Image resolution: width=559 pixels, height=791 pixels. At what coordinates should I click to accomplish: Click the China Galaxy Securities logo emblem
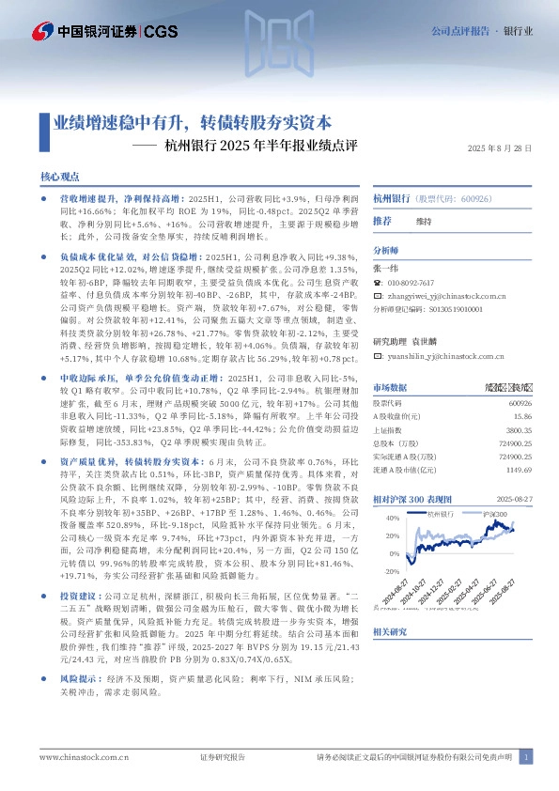tap(42, 32)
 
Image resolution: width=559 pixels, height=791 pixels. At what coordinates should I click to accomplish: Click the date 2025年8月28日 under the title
tap(500, 148)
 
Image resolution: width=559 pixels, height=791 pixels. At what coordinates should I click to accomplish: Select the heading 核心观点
tap(60, 178)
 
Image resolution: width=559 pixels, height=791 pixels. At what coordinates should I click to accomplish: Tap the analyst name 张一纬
tap(386, 268)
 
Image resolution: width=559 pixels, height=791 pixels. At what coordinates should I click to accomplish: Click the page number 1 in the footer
tap(528, 756)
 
